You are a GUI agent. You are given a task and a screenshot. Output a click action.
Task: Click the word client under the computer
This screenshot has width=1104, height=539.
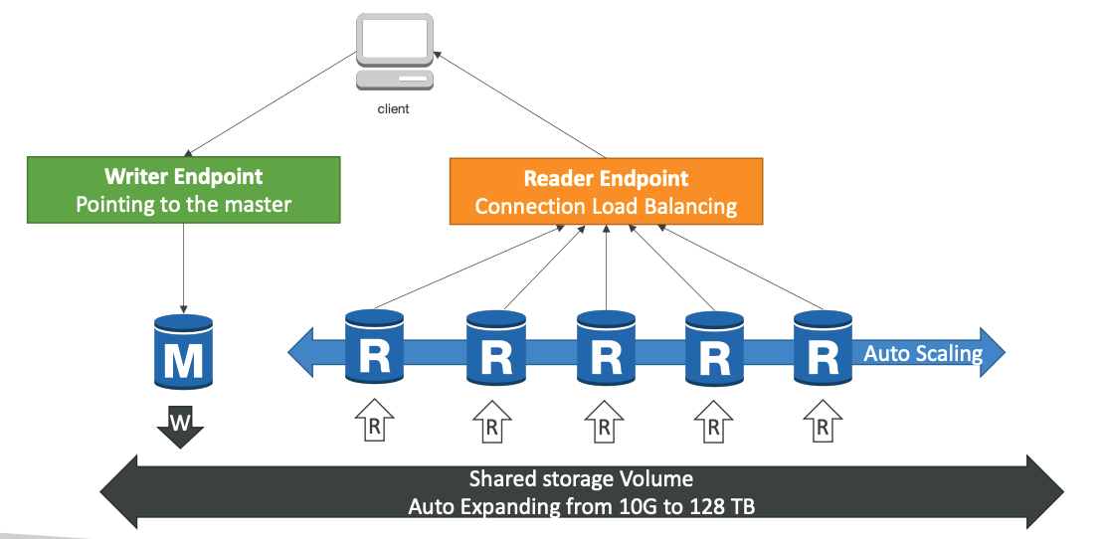(394, 109)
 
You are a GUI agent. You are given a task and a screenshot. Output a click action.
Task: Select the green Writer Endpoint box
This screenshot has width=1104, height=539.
(183, 190)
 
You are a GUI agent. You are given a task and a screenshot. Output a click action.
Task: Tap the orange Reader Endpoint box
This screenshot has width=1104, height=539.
(606, 192)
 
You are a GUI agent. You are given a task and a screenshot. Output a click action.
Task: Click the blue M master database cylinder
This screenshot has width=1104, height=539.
(183, 352)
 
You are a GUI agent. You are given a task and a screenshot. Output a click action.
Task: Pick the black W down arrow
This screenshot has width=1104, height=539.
(180, 426)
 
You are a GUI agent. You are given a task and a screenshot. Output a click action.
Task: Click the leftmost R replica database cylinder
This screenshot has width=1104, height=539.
(374, 347)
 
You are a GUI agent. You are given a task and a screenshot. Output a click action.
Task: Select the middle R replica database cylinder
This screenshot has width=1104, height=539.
(606, 347)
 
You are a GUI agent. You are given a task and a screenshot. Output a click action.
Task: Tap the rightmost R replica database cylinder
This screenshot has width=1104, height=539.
(823, 347)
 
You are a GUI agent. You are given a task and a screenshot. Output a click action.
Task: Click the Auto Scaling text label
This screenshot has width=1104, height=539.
(923, 353)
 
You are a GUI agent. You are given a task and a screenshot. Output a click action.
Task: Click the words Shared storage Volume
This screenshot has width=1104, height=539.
(581, 479)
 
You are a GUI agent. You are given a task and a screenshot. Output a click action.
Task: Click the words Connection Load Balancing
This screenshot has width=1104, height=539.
(606, 207)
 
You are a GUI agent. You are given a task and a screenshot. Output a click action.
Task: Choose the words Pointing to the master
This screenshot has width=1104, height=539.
(183, 205)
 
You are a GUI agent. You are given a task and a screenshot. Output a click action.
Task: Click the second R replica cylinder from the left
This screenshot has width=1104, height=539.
(496, 347)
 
